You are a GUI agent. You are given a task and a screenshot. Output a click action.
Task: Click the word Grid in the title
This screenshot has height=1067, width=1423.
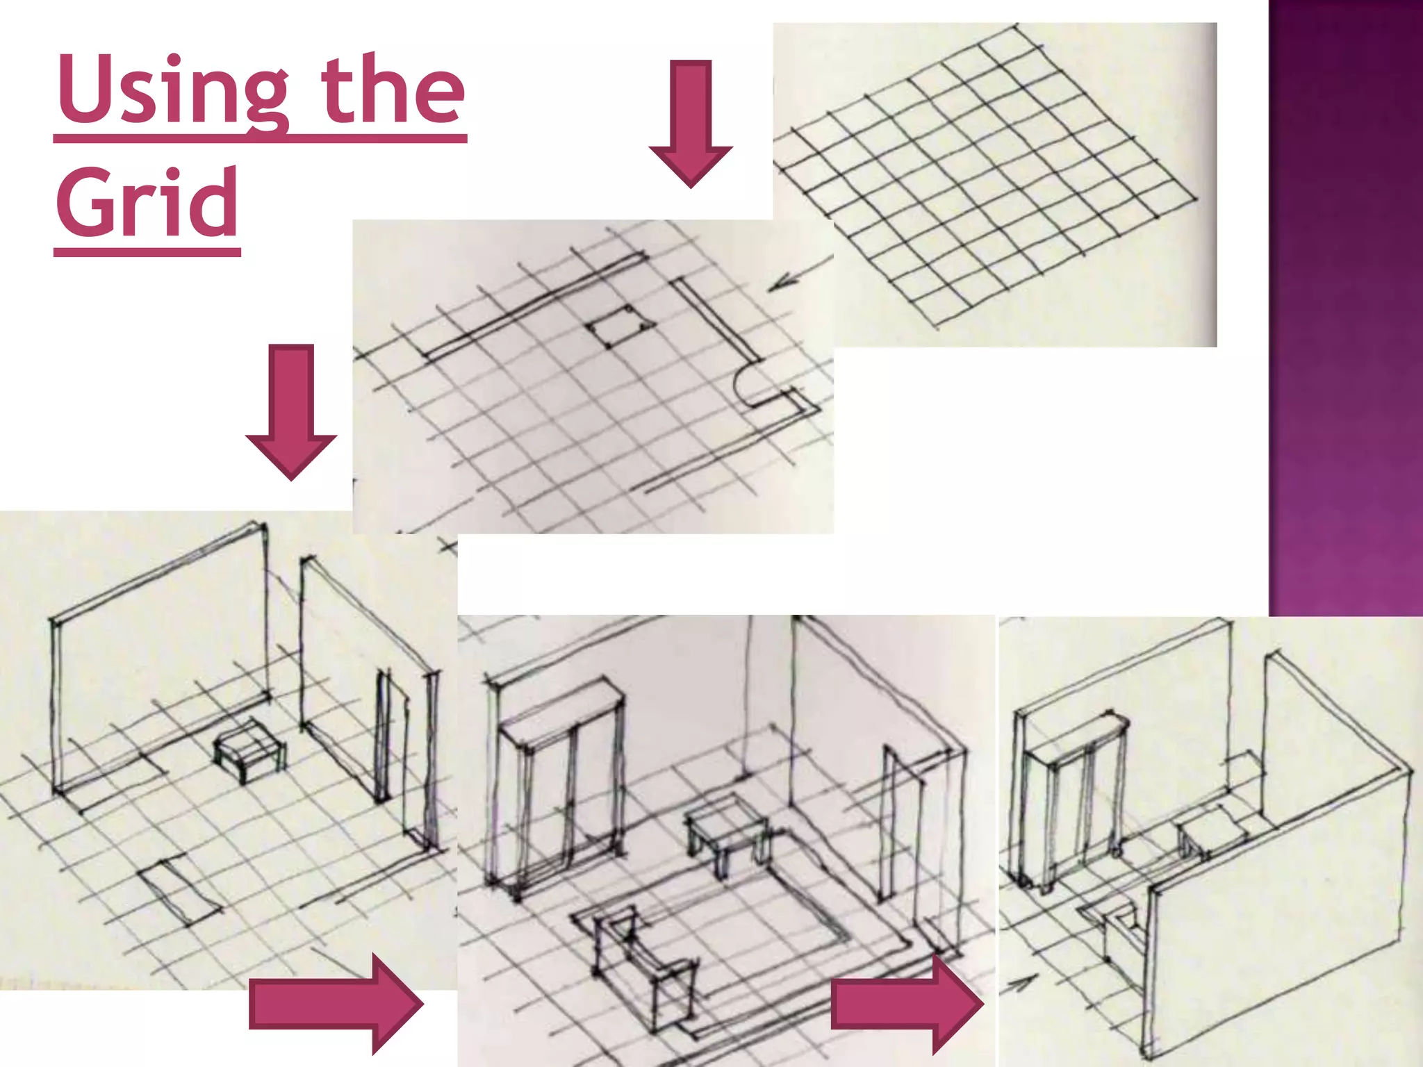(x=147, y=203)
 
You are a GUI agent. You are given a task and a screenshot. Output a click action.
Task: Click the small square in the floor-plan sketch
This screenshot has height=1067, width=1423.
(x=619, y=325)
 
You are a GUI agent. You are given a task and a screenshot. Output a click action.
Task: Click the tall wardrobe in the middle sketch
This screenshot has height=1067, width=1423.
(x=560, y=785)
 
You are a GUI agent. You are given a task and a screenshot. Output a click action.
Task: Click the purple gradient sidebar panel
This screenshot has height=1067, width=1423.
(x=1345, y=306)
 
